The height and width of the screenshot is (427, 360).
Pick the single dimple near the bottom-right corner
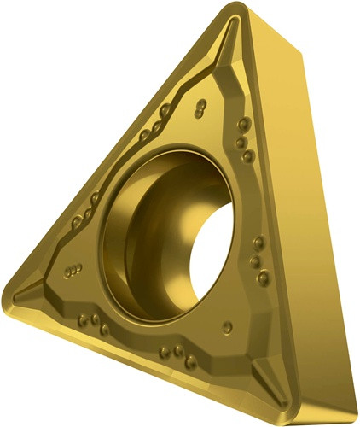coord(227,326)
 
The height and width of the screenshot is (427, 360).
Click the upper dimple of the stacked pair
coord(200,104)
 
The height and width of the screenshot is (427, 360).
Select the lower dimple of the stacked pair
coord(200,113)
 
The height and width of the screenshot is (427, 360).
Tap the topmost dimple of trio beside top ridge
coord(240,124)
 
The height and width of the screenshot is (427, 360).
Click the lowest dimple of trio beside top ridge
coord(248,156)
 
